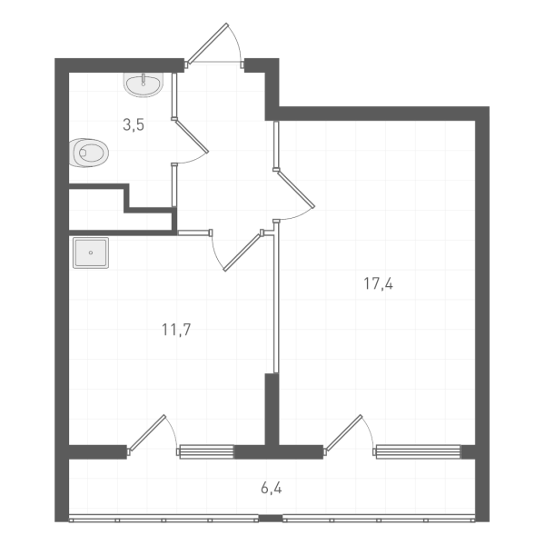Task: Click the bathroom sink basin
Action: pos(143,85)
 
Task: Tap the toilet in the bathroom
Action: pos(89,153)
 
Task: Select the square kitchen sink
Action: pos(91,253)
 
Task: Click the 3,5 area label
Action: pos(134,125)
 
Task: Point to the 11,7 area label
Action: pos(175,329)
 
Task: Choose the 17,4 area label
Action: pos(378,283)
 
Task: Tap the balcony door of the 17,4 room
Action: pos(347,433)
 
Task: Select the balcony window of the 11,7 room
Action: pos(206,450)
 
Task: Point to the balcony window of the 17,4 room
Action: pos(417,450)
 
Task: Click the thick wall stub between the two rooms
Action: pos(270,409)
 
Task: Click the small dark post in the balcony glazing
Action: pos(270,518)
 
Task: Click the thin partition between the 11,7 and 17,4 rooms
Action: pos(275,300)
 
